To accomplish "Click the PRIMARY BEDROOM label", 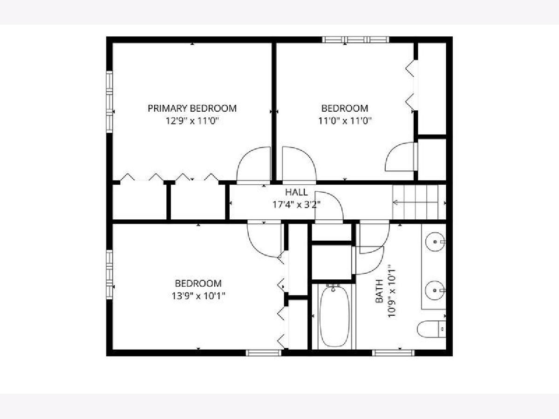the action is click(x=192, y=108).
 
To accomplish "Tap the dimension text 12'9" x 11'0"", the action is click(x=192, y=121).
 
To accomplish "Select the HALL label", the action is click(x=296, y=192).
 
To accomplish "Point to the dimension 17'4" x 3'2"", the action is click(x=296, y=204).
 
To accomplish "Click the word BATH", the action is click(x=379, y=291).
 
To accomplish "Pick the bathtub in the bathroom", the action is click(x=334, y=316).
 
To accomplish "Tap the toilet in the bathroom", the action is click(x=431, y=329).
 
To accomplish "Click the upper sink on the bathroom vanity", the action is click(x=435, y=242).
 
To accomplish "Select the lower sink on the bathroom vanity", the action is click(x=435, y=290).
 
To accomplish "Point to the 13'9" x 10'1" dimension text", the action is click(x=198, y=296).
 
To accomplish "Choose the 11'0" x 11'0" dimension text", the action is click(x=345, y=121).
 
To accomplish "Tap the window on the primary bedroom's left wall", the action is click(x=109, y=101).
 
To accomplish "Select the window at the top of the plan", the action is click(x=355, y=40).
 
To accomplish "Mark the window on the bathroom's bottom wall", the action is click(x=394, y=353).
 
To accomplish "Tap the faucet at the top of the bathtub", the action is click(x=333, y=288).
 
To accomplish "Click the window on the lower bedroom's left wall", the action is click(x=109, y=275).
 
